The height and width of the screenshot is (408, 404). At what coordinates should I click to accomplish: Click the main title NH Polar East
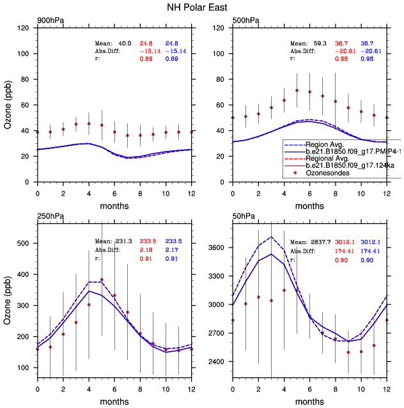tap(202, 8)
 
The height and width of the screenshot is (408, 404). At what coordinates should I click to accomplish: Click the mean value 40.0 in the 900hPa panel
tap(125, 42)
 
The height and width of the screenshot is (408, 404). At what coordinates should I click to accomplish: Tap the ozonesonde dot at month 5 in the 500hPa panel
tap(297, 90)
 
